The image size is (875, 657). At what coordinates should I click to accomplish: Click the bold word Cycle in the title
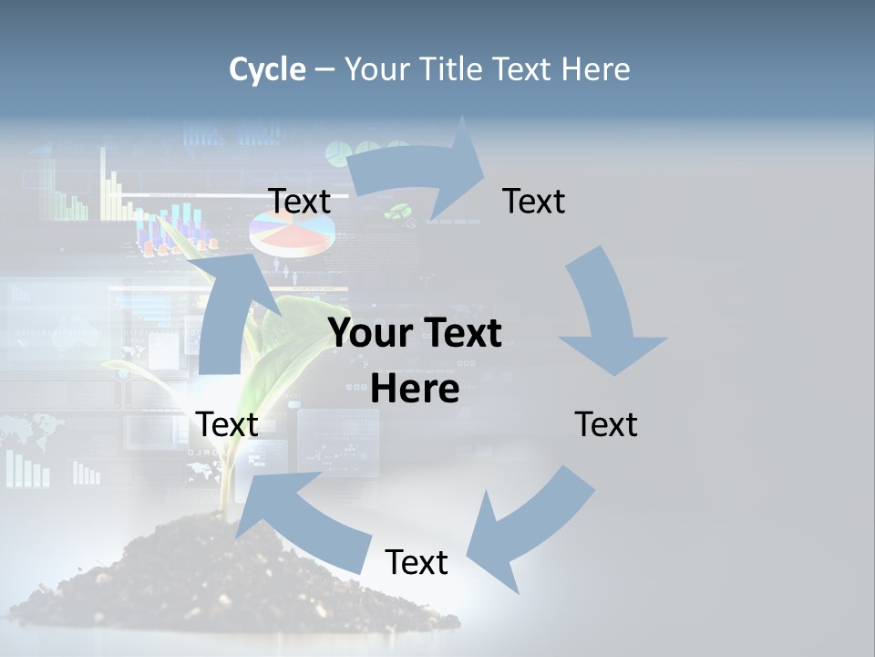(x=267, y=69)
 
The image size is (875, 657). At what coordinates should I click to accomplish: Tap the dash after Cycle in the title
(x=324, y=69)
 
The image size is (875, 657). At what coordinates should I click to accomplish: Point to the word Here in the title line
(x=597, y=69)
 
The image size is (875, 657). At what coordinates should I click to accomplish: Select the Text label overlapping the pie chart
(x=300, y=202)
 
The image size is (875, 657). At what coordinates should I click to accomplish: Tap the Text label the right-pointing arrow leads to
(x=534, y=202)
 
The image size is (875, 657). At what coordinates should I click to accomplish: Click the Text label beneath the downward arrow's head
(x=606, y=424)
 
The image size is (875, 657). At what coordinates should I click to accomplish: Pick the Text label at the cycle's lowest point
(x=417, y=562)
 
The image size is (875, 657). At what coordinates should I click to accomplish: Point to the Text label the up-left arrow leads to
(x=228, y=424)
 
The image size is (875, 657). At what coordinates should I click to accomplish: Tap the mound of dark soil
(x=182, y=584)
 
